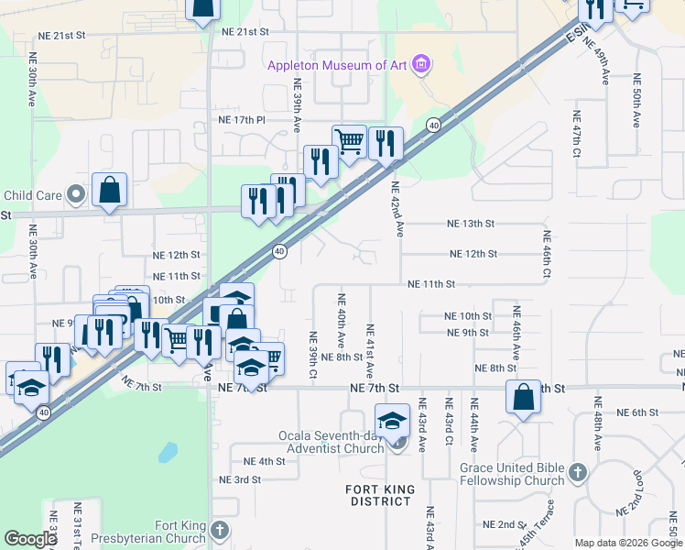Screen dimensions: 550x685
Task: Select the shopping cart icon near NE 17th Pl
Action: [x=349, y=141]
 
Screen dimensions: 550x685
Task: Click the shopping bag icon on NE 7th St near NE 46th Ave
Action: [x=523, y=398]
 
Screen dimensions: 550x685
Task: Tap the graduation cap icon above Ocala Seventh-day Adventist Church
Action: [x=392, y=421]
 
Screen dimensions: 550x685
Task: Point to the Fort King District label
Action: [x=378, y=495]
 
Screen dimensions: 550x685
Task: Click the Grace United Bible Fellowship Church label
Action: [x=511, y=474]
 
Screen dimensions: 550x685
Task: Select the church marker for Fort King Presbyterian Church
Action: [x=219, y=530]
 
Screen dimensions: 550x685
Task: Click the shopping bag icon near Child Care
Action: [x=109, y=191]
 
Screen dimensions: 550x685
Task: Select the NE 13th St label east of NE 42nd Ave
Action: [x=471, y=224]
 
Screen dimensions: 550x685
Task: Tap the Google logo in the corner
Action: [x=30, y=539]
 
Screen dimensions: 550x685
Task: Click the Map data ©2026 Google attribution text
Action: [x=628, y=543]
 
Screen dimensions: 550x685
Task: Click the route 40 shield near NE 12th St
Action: [x=280, y=250]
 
